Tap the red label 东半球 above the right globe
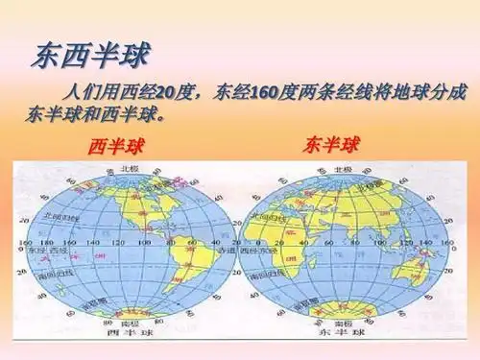click(x=331, y=145)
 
